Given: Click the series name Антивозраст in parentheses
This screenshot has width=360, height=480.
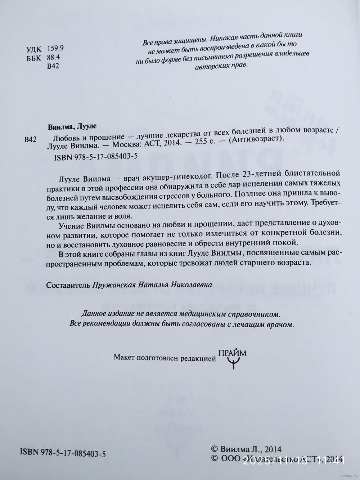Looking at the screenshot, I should click(x=257, y=140).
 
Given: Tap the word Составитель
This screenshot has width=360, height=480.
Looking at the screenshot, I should click(x=68, y=284).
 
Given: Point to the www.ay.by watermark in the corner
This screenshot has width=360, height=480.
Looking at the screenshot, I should click(x=347, y=475).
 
